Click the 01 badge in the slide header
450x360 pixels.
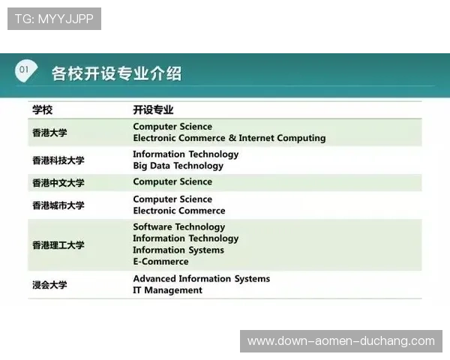pyautogui.click(x=25, y=70)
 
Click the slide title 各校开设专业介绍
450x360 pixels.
pyautogui.click(x=115, y=73)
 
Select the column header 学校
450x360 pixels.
pyautogui.click(x=43, y=109)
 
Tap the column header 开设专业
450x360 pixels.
pyautogui.click(x=153, y=109)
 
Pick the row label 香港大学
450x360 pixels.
pyautogui.click(x=49, y=133)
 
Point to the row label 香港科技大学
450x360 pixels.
pyautogui.click(x=58, y=160)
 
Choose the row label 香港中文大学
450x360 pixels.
pyautogui.click(x=58, y=182)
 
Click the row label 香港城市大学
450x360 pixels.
pyautogui.click(x=58, y=205)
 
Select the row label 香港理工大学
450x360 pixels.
pyautogui.click(x=58, y=244)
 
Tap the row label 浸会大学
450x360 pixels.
pyautogui.click(x=49, y=284)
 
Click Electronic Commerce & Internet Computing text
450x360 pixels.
pyautogui.click(x=229, y=138)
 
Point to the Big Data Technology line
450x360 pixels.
pyautogui.click(x=178, y=166)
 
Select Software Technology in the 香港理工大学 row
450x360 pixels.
pyautogui.click(x=178, y=226)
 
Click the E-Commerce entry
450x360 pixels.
pyautogui.click(x=160, y=262)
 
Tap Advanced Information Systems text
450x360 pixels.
pyautogui.click(x=201, y=278)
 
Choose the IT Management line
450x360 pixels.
pyautogui.click(x=167, y=290)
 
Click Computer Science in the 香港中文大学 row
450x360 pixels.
pyautogui.click(x=172, y=181)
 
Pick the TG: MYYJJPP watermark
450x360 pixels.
pyautogui.click(x=54, y=19)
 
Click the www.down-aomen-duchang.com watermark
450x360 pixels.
pyautogui.click(x=341, y=341)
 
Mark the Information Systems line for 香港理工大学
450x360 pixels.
pyautogui.click(x=178, y=250)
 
